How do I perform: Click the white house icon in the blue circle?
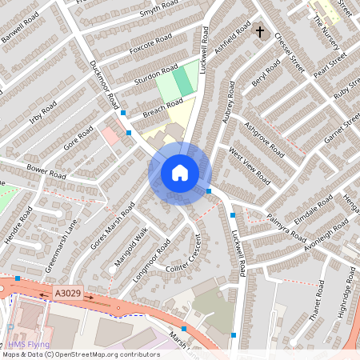point(180,172)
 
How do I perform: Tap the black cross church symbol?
point(259,32)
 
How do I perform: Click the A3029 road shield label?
point(69,294)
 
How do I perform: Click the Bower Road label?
point(46,170)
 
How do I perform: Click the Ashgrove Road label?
point(263,138)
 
